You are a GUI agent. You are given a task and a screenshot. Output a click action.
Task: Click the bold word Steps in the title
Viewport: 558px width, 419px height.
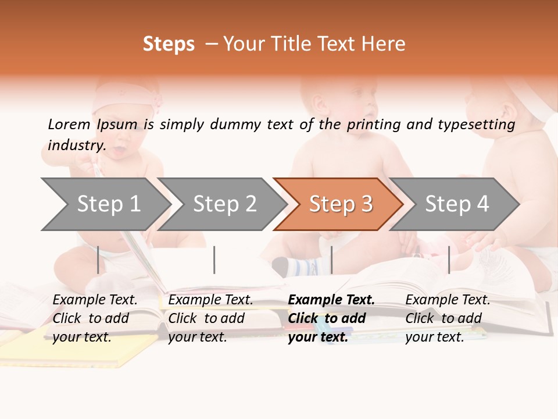coord(169,44)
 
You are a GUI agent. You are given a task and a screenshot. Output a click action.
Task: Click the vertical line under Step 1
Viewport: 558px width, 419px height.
coord(98,260)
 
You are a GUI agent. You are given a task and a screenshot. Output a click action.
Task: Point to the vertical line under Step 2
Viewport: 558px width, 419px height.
coord(214,260)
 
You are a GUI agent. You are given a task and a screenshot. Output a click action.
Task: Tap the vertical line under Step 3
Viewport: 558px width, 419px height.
coord(331,260)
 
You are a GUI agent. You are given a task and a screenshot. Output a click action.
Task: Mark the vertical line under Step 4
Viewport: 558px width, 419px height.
coord(449,260)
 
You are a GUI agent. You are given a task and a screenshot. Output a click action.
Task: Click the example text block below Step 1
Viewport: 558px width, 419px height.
coord(95,318)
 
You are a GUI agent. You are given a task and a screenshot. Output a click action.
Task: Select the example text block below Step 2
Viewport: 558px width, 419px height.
coord(210,318)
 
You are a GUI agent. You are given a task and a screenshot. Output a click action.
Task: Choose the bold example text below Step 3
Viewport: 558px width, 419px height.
coord(331,318)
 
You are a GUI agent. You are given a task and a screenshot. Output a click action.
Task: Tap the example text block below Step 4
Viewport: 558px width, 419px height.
coord(448,318)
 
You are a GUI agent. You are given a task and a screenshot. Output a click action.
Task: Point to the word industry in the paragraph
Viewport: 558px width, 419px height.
coord(76,145)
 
